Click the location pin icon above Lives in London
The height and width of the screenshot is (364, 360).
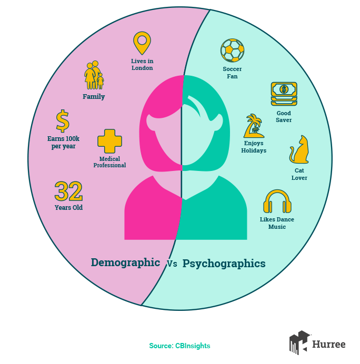tap(142, 42)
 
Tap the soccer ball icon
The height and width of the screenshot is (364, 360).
tap(232, 50)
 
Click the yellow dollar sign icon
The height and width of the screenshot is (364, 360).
tap(63, 121)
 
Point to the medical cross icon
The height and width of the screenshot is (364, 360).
tap(109, 141)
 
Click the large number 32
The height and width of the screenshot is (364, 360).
tap(68, 191)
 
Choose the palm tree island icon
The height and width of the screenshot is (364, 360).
tap(254, 126)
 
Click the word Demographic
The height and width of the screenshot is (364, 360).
tap(125, 262)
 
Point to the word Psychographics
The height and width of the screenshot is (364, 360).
tap(224, 264)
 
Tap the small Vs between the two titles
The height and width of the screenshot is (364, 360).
tap(172, 264)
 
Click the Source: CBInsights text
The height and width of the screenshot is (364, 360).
tap(179, 346)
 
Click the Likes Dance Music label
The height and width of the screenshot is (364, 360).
tap(277, 223)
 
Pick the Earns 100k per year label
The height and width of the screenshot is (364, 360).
tap(63, 143)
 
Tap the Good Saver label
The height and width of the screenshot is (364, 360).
tap(284, 117)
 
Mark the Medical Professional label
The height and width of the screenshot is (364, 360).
tap(109, 162)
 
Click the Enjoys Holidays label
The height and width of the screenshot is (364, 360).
tap(254, 147)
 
